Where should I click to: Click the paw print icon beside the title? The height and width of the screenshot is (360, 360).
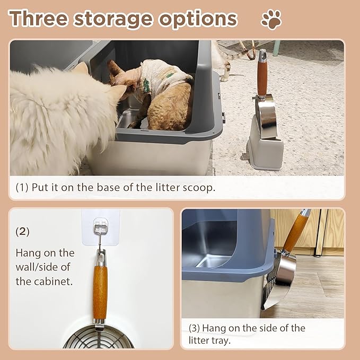click(271, 20)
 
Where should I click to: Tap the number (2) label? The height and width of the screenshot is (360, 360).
click(22, 232)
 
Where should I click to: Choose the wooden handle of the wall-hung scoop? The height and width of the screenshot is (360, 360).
click(100, 292)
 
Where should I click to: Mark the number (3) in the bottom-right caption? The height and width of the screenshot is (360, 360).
click(195, 328)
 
